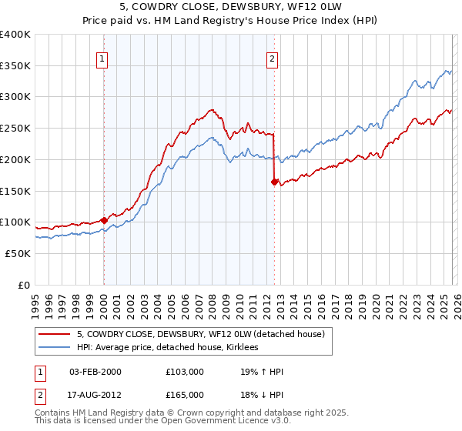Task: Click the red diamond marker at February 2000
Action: (104, 220)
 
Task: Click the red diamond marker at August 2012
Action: (274, 182)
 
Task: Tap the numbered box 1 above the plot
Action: (103, 56)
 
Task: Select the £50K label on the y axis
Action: (18, 253)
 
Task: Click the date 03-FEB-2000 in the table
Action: (95, 372)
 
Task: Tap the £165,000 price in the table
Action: (184, 395)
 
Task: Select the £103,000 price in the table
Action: (184, 372)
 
